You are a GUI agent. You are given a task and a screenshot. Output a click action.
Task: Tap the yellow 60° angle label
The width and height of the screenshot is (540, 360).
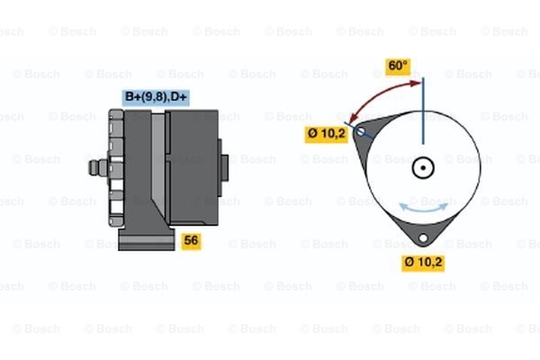tap(398, 66)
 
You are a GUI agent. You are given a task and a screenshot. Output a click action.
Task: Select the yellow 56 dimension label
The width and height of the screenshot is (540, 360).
tap(191, 240)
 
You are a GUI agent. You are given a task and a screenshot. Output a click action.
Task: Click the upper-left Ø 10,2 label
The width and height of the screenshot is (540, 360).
tap(326, 134)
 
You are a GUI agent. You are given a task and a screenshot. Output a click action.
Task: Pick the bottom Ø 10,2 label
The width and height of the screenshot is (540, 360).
tap(423, 263)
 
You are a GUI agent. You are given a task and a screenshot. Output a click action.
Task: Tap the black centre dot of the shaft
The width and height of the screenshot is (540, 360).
tap(423, 168)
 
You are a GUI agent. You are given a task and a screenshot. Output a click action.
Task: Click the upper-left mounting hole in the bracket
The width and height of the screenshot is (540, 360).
tap(361, 131)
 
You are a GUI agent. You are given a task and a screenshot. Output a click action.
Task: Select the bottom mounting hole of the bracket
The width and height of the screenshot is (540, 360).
tap(423, 238)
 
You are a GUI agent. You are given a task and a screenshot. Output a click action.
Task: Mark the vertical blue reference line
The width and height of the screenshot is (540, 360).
tap(423, 111)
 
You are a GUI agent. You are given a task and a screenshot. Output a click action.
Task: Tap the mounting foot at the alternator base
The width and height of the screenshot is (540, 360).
tap(147, 238)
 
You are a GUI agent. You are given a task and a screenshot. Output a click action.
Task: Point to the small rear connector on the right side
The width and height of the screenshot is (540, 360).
tap(223, 167)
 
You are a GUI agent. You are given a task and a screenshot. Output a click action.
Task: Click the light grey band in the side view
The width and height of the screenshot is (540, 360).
tap(158, 162)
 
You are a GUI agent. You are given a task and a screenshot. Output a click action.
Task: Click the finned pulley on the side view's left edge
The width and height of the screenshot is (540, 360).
tap(116, 167)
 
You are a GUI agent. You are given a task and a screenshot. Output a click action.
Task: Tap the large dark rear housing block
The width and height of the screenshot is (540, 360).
tap(192, 167)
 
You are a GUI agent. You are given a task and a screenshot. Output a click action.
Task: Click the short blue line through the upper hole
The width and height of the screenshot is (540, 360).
tap(359, 130)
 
